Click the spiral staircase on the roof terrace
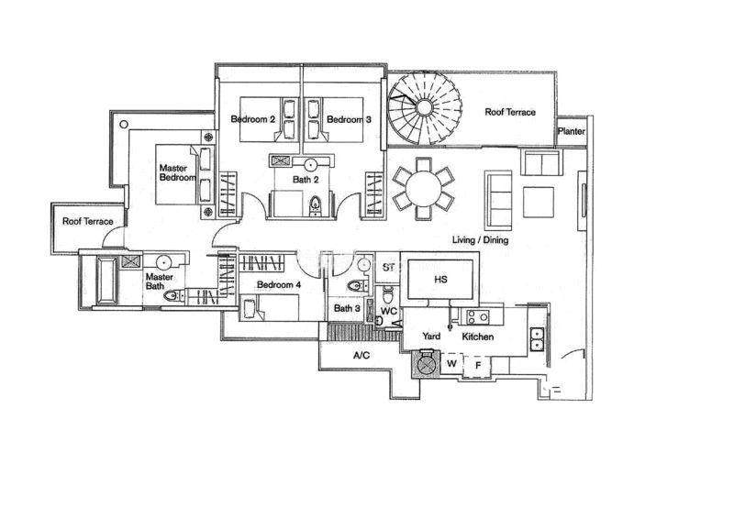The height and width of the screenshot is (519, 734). [x=425, y=107]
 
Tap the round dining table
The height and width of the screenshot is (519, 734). [x=423, y=188]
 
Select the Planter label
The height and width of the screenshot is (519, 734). [x=571, y=131]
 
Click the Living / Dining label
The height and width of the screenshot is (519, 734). [x=480, y=240]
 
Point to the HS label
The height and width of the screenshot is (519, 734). [x=440, y=280]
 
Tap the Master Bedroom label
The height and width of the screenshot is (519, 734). [x=177, y=172]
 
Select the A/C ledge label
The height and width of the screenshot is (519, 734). [x=361, y=356]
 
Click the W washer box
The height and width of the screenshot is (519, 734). [x=451, y=364]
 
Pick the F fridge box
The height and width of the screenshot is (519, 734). [x=477, y=365]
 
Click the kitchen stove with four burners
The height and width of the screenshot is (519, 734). [x=478, y=317]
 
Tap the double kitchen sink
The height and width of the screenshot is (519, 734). [x=537, y=339]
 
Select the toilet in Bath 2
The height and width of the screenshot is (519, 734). [x=316, y=205]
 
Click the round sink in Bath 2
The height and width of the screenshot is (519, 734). [x=310, y=164]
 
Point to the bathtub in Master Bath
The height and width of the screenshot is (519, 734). [x=106, y=281]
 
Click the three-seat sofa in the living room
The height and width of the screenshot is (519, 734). [x=498, y=197]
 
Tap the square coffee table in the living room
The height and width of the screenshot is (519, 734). [x=539, y=202]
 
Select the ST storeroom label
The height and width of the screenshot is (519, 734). [x=388, y=268]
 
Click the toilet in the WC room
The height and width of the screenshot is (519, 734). [x=388, y=295]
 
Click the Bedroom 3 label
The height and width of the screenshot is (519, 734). [x=349, y=119]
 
